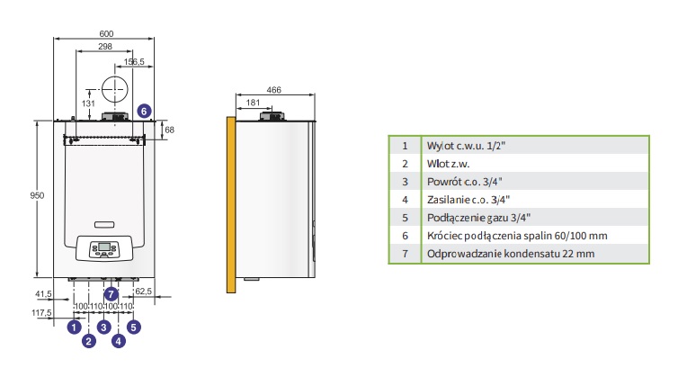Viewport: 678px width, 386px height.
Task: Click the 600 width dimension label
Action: [106, 34]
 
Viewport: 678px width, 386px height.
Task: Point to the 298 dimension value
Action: [105, 46]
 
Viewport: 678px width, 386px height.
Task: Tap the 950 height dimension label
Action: [37, 195]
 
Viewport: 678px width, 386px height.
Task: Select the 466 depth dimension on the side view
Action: [273, 90]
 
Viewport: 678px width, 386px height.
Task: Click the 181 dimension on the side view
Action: [253, 103]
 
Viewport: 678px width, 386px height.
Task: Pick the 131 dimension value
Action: [88, 103]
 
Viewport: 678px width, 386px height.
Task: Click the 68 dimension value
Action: [169, 130]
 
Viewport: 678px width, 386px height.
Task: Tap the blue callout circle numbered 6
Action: [145, 112]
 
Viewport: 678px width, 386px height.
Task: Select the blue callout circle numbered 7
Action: [112, 294]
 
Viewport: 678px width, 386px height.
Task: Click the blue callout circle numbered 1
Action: [75, 327]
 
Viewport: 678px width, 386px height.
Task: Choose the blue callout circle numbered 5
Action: [134, 327]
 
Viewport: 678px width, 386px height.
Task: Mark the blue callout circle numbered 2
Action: [89, 341]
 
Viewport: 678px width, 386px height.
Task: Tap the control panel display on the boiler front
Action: [104, 247]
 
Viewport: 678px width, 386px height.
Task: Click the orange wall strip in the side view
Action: [231, 204]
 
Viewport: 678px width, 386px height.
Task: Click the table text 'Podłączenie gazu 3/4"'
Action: [478, 218]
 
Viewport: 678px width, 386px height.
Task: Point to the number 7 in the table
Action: [405, 254]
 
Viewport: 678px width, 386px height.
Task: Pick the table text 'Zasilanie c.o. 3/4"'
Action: [468, 200]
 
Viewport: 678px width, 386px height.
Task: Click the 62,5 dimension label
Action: [144, 292]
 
